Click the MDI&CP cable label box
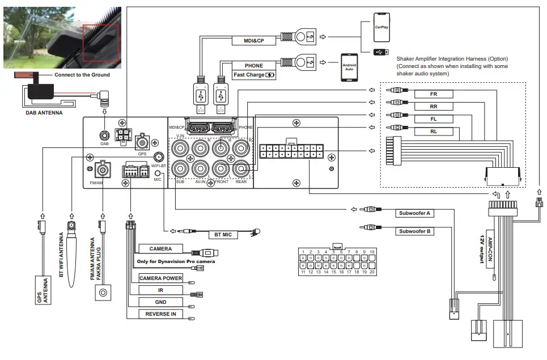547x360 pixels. (x=253, y=41)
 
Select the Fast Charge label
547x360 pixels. (x=253, y=75)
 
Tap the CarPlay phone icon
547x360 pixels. (x=381, y=27)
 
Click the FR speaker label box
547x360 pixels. (x=434, y=94)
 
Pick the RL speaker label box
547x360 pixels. (x=434, y=132)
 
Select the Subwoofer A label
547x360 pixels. (x=414, y=214)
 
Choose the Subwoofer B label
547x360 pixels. (x=414, y=231)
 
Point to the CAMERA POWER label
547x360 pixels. (x=161, y=278)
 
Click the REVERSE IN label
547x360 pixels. (x=161, y=314)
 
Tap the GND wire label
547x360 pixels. (x=161, y=302)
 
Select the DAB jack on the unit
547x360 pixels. (x=104, y=136)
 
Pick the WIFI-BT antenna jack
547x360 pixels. (x=159, y=157)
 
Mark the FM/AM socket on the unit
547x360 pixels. (x=103, y=169)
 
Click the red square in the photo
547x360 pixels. (x=100, y=43)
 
